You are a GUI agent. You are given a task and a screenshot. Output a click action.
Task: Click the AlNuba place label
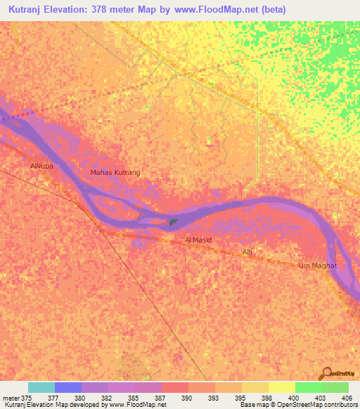tap(41, 167)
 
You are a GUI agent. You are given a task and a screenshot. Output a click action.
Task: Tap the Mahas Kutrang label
tap(116, 172)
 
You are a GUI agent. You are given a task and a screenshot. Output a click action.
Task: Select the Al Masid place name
tap(198, 240)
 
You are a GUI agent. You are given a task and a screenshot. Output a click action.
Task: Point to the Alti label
tap(247, 252)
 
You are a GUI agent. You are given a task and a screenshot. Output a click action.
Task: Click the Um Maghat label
tap(318, 265)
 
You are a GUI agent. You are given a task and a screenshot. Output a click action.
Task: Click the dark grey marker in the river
tap(173, 223)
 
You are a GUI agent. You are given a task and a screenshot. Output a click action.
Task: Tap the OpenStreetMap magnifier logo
tap(326, 374)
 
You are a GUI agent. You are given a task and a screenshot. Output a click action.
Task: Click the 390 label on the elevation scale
tap(186, 397)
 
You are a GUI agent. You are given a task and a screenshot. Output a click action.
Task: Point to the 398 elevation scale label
tap(266, 397)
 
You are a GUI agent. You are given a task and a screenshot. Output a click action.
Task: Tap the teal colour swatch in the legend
tap(41, 387)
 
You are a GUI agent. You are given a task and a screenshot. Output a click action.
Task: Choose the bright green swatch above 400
tap(308, 387)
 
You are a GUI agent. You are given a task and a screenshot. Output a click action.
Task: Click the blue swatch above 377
tap(68, 387)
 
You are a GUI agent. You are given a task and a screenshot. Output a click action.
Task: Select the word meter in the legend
tap(11, 397)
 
